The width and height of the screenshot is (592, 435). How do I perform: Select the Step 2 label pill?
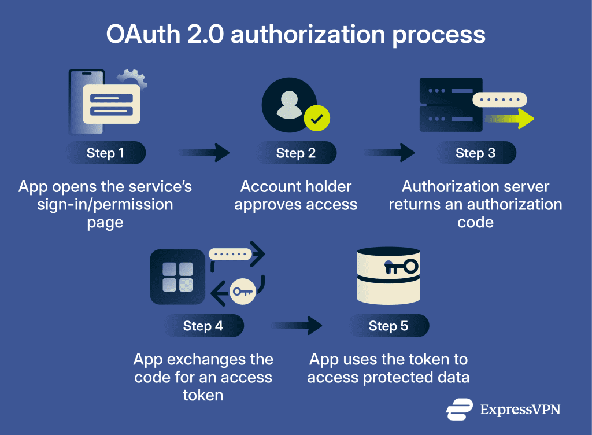pos(295,153)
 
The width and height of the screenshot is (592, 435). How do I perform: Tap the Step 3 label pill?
pos(475,153)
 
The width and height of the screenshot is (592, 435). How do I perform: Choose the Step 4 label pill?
pos(203,326)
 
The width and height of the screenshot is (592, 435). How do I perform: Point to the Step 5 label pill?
pos(388,326)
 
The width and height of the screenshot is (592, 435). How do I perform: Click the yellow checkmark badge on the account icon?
pos(317,119)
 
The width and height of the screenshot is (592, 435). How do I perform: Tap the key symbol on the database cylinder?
pos(401,266)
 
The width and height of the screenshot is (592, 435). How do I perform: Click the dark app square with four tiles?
pos(177,277)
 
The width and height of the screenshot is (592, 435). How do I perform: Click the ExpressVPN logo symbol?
pos(460,409)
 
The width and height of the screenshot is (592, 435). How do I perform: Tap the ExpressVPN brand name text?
pos(520,410)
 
